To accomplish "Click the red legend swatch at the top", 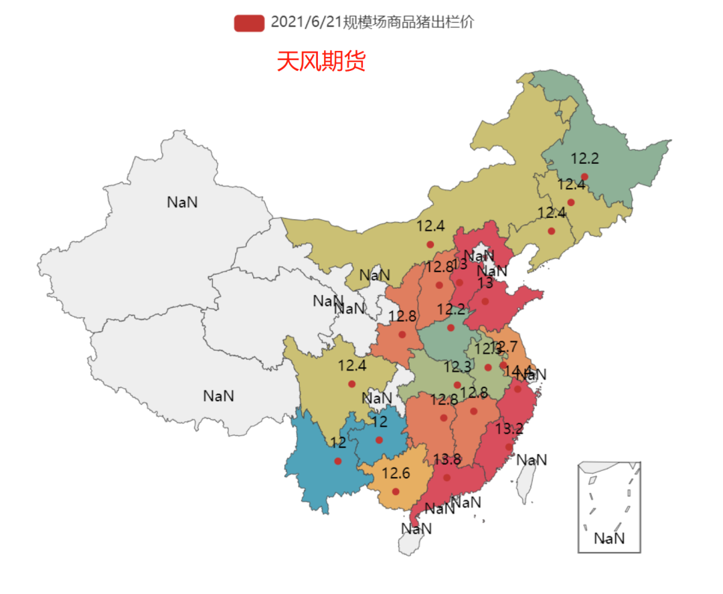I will coord(249,23).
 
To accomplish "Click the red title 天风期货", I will coord(321,62).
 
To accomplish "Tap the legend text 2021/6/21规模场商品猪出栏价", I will coord(372,23).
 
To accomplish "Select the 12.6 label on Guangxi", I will coord(396,473).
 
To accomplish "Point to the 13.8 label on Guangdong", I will coord(447,460).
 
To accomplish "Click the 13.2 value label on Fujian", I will coord(509,429).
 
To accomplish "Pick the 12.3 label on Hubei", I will coord(457,367).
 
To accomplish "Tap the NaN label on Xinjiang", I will coord(182,201).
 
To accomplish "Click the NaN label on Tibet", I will coord(218,395).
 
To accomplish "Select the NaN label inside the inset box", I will coord(609,538).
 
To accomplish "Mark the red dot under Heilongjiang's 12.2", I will coord(584,177).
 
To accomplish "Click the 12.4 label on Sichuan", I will coord(352,366).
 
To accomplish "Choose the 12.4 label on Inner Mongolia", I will coord(430,226).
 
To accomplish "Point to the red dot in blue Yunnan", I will coord(338,461).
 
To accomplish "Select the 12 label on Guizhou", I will coord(380,422).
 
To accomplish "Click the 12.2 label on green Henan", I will coord(451,310).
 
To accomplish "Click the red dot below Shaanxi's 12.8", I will coord(402,334).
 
